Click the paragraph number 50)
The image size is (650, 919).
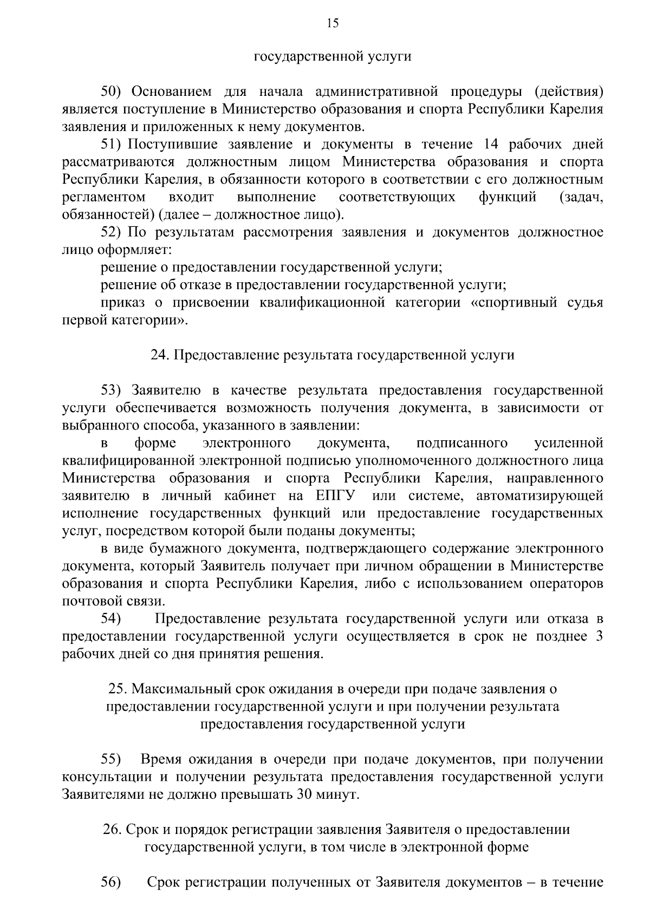(x=114, y=92)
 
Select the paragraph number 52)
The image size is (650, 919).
(x=111, y=232)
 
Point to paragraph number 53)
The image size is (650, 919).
(x=114, y=390)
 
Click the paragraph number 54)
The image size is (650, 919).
(x=111, y=618)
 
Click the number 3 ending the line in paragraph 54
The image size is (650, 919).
(x=599, y=636)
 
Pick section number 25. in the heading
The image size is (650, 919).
(x=118, y=689)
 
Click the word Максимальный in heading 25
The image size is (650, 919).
(x=182, y=689)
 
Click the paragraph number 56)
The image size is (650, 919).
(x=111, y=882)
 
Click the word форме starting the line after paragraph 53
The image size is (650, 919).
(x=155, y=443)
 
